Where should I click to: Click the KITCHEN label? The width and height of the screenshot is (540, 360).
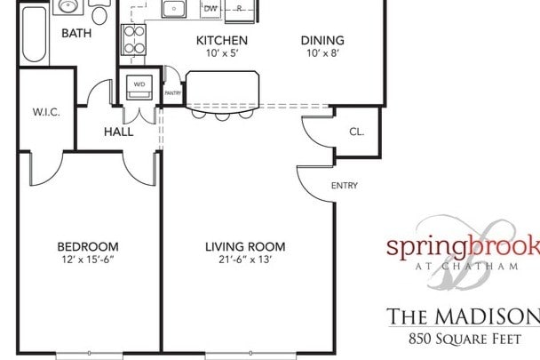(221, 41)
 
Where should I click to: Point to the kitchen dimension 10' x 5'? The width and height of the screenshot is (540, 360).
(221, 54)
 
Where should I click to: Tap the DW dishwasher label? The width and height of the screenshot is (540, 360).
(210, 9)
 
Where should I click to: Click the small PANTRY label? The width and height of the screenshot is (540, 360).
(172, 91)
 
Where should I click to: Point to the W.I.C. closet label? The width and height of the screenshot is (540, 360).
(46, 112)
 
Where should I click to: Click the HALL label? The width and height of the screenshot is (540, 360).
(118, 132)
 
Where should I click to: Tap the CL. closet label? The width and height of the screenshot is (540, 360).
(356, 132)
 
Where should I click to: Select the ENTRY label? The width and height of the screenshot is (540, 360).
(344, 187)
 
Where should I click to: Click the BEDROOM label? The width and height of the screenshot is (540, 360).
(88, 246)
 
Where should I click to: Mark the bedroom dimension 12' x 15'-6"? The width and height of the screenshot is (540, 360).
(88, 260)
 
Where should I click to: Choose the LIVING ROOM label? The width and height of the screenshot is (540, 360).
(244, 246)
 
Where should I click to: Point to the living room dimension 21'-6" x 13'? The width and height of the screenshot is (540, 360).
(244, 260)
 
